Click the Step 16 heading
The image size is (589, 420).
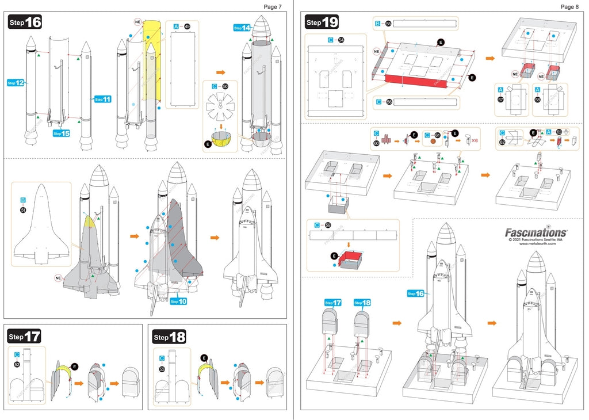(25, 22)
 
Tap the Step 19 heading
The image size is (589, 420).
(322, 22)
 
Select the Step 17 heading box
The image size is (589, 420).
(25, 336)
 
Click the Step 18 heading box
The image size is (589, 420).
(169, 337)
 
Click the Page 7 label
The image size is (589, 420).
(273, 6)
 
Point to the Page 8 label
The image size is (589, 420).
(569, 6)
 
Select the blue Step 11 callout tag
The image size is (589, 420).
(102, 99)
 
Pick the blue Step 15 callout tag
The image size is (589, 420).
(62, 133)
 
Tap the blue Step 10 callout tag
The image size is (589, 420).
(178, 301)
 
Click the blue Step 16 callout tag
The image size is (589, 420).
(415, 293)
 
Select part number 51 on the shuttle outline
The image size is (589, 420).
(24, 211)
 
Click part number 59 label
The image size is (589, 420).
(328, 225)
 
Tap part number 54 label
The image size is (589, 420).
(341, 40)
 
